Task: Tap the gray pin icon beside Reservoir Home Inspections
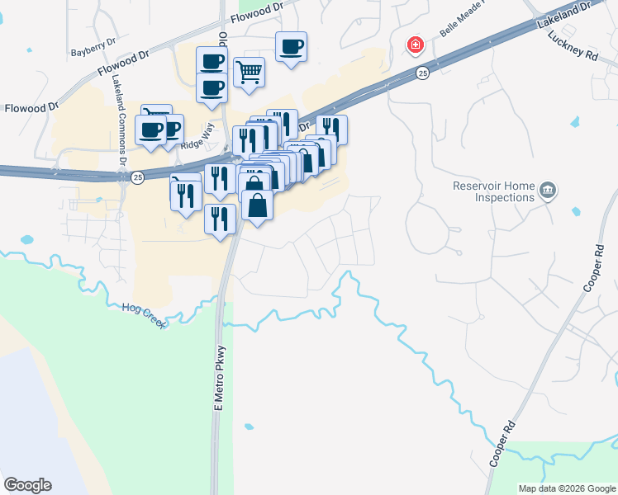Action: coord(547,191)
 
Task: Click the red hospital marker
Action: coord(415,44)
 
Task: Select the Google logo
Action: coord(27,485)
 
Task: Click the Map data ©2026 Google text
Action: coord(566,488)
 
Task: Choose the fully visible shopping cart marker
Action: coord(249,73)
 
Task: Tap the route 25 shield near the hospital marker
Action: coord(422,73)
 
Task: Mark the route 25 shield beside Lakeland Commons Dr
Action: coord(137,177)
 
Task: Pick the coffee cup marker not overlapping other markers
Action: coord(290,46)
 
